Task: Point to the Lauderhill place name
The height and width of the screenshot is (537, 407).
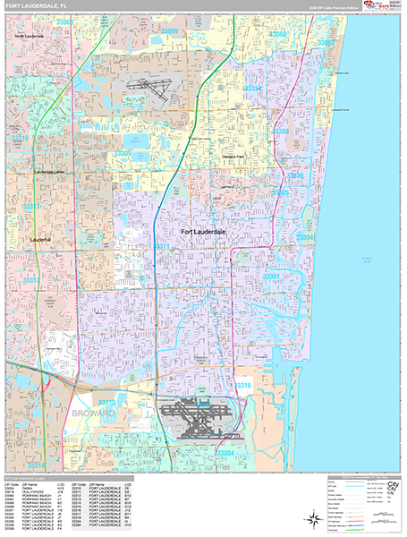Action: click(39, 240)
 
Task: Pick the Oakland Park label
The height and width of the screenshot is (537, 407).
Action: click(235, 157)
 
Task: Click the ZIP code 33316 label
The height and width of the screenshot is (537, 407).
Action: click(243, 386)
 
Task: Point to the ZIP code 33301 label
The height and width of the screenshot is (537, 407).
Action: click(271, 277)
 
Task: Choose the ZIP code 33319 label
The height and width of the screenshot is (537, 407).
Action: click(20, 140)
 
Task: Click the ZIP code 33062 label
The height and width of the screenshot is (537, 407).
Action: click(326, 42)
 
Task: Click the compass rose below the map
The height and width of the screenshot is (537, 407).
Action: click(316, 516)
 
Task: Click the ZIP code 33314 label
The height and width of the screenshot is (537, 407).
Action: click(36, 465)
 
